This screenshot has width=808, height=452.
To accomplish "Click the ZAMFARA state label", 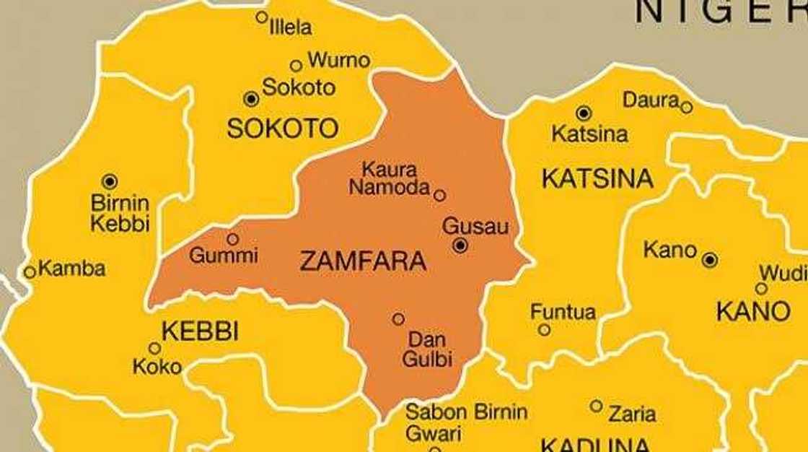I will pyautogui.click(x=362, y=262).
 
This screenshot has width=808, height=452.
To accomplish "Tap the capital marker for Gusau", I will pyautogui.click(x=460, y=246).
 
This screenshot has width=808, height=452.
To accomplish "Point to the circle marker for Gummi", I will pyautogui.click(x=232, y=239).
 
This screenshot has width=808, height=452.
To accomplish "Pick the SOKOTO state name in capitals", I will pyautogui.click(x=282, y=129).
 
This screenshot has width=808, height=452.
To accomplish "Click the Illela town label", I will pyautogui.click(x=290, y=28).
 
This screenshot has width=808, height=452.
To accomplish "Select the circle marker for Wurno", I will pyautogui.click(x=296, y=66).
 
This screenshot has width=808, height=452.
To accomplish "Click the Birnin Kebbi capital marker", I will pyautogui.click(x=110, y=181).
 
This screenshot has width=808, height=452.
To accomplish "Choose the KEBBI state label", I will pyautogui.click(x=200, y=331).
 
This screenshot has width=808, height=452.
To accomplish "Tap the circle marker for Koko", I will pyautogui.click(x=154, y=348).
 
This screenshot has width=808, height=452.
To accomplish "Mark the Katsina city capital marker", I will pyautogui.click(x=584, y=113).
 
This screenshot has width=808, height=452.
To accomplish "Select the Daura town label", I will pyautogui.click(x=651, y=100).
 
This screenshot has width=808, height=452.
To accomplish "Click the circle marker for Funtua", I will pyautogui.click(x=544, y=330).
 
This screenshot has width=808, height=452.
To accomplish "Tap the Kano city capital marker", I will pyautogui.click(x=710, y=260).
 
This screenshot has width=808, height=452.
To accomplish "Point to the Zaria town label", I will pyautogui.click(x=632, y=414).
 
